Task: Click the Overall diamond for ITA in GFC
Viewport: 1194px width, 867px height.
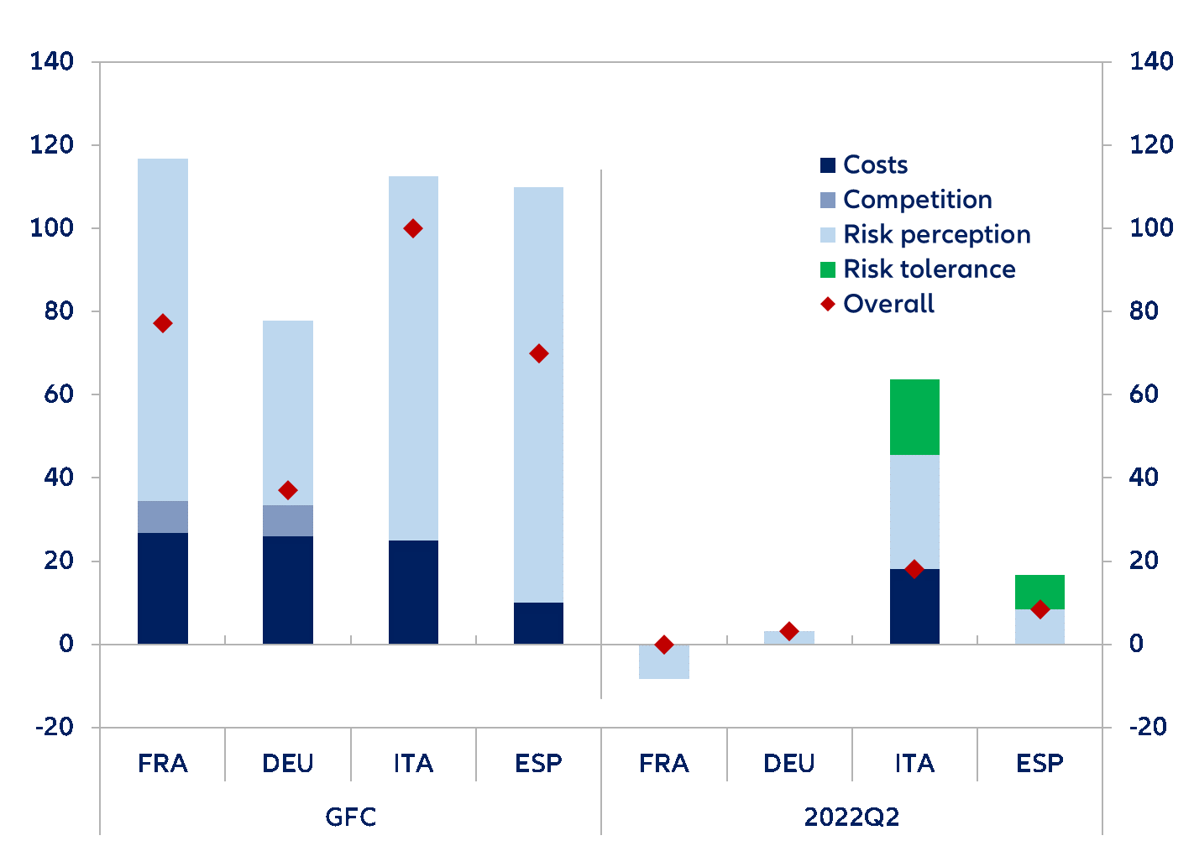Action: point(413,228)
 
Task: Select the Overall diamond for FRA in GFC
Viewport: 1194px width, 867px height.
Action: point(163,324)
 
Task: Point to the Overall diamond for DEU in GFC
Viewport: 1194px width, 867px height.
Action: point(288,490)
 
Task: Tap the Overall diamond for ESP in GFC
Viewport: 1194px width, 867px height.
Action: point(539,353)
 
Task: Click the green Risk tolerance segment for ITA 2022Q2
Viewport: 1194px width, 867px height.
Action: point(914,417)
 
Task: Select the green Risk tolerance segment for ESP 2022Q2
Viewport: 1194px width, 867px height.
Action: point(1040,591)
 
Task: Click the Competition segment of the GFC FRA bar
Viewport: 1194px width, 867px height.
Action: point(163,517)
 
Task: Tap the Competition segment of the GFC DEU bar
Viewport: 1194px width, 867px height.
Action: point(288,521)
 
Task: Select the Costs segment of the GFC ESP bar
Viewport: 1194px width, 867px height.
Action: point(539,624)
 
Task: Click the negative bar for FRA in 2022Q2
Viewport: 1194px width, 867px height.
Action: point(664,662)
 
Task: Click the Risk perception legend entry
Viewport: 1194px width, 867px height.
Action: point(936,234)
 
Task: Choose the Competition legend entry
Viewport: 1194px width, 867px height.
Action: point(917,200)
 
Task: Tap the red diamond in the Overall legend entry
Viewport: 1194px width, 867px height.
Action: point(828,304)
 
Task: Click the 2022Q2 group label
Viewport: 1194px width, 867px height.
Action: point(851,817)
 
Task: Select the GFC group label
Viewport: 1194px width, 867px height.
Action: point(351,817)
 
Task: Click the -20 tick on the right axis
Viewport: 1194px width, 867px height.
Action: point(1148,727)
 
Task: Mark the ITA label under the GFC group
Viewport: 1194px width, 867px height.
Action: point(413,764)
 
